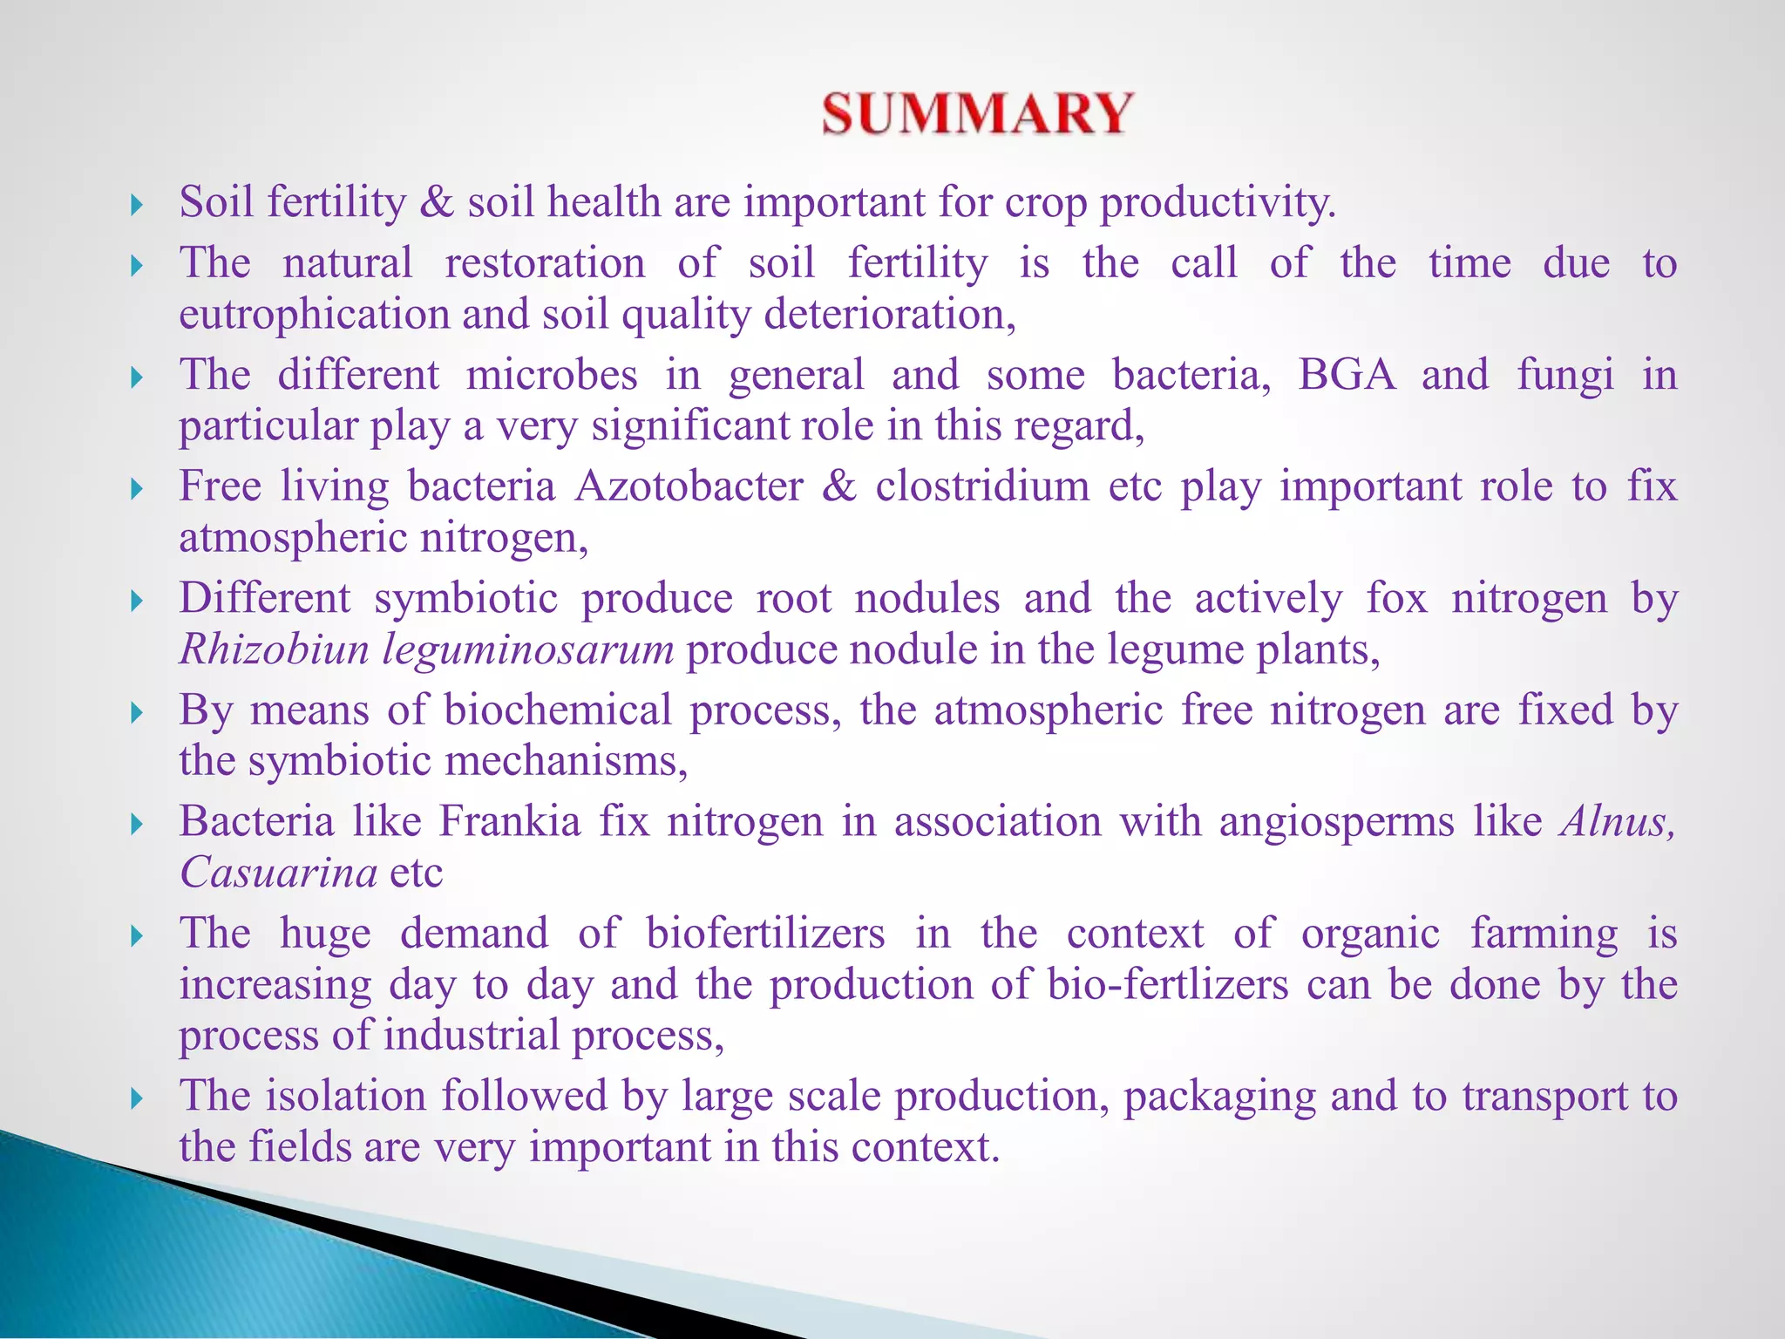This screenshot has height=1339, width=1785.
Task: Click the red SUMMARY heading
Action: click(977, 114)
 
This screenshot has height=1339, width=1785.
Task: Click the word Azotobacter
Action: click(689, 486)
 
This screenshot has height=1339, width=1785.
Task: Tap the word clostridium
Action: click(982, 486)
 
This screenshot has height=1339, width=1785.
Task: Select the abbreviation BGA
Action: click(1346, 375)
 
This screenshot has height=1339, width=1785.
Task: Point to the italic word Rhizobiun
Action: click(274, 650)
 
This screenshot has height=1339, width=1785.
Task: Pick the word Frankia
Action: click(509, 821)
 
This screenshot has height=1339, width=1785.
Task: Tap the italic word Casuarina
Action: click(278, 873)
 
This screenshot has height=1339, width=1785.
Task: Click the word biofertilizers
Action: click(765, 934)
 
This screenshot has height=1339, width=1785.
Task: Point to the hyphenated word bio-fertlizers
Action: click(1167, 985)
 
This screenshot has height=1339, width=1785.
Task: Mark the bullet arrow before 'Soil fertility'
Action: click(136, 206)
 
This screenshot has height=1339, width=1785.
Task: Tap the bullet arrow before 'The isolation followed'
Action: click(136, 1098)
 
